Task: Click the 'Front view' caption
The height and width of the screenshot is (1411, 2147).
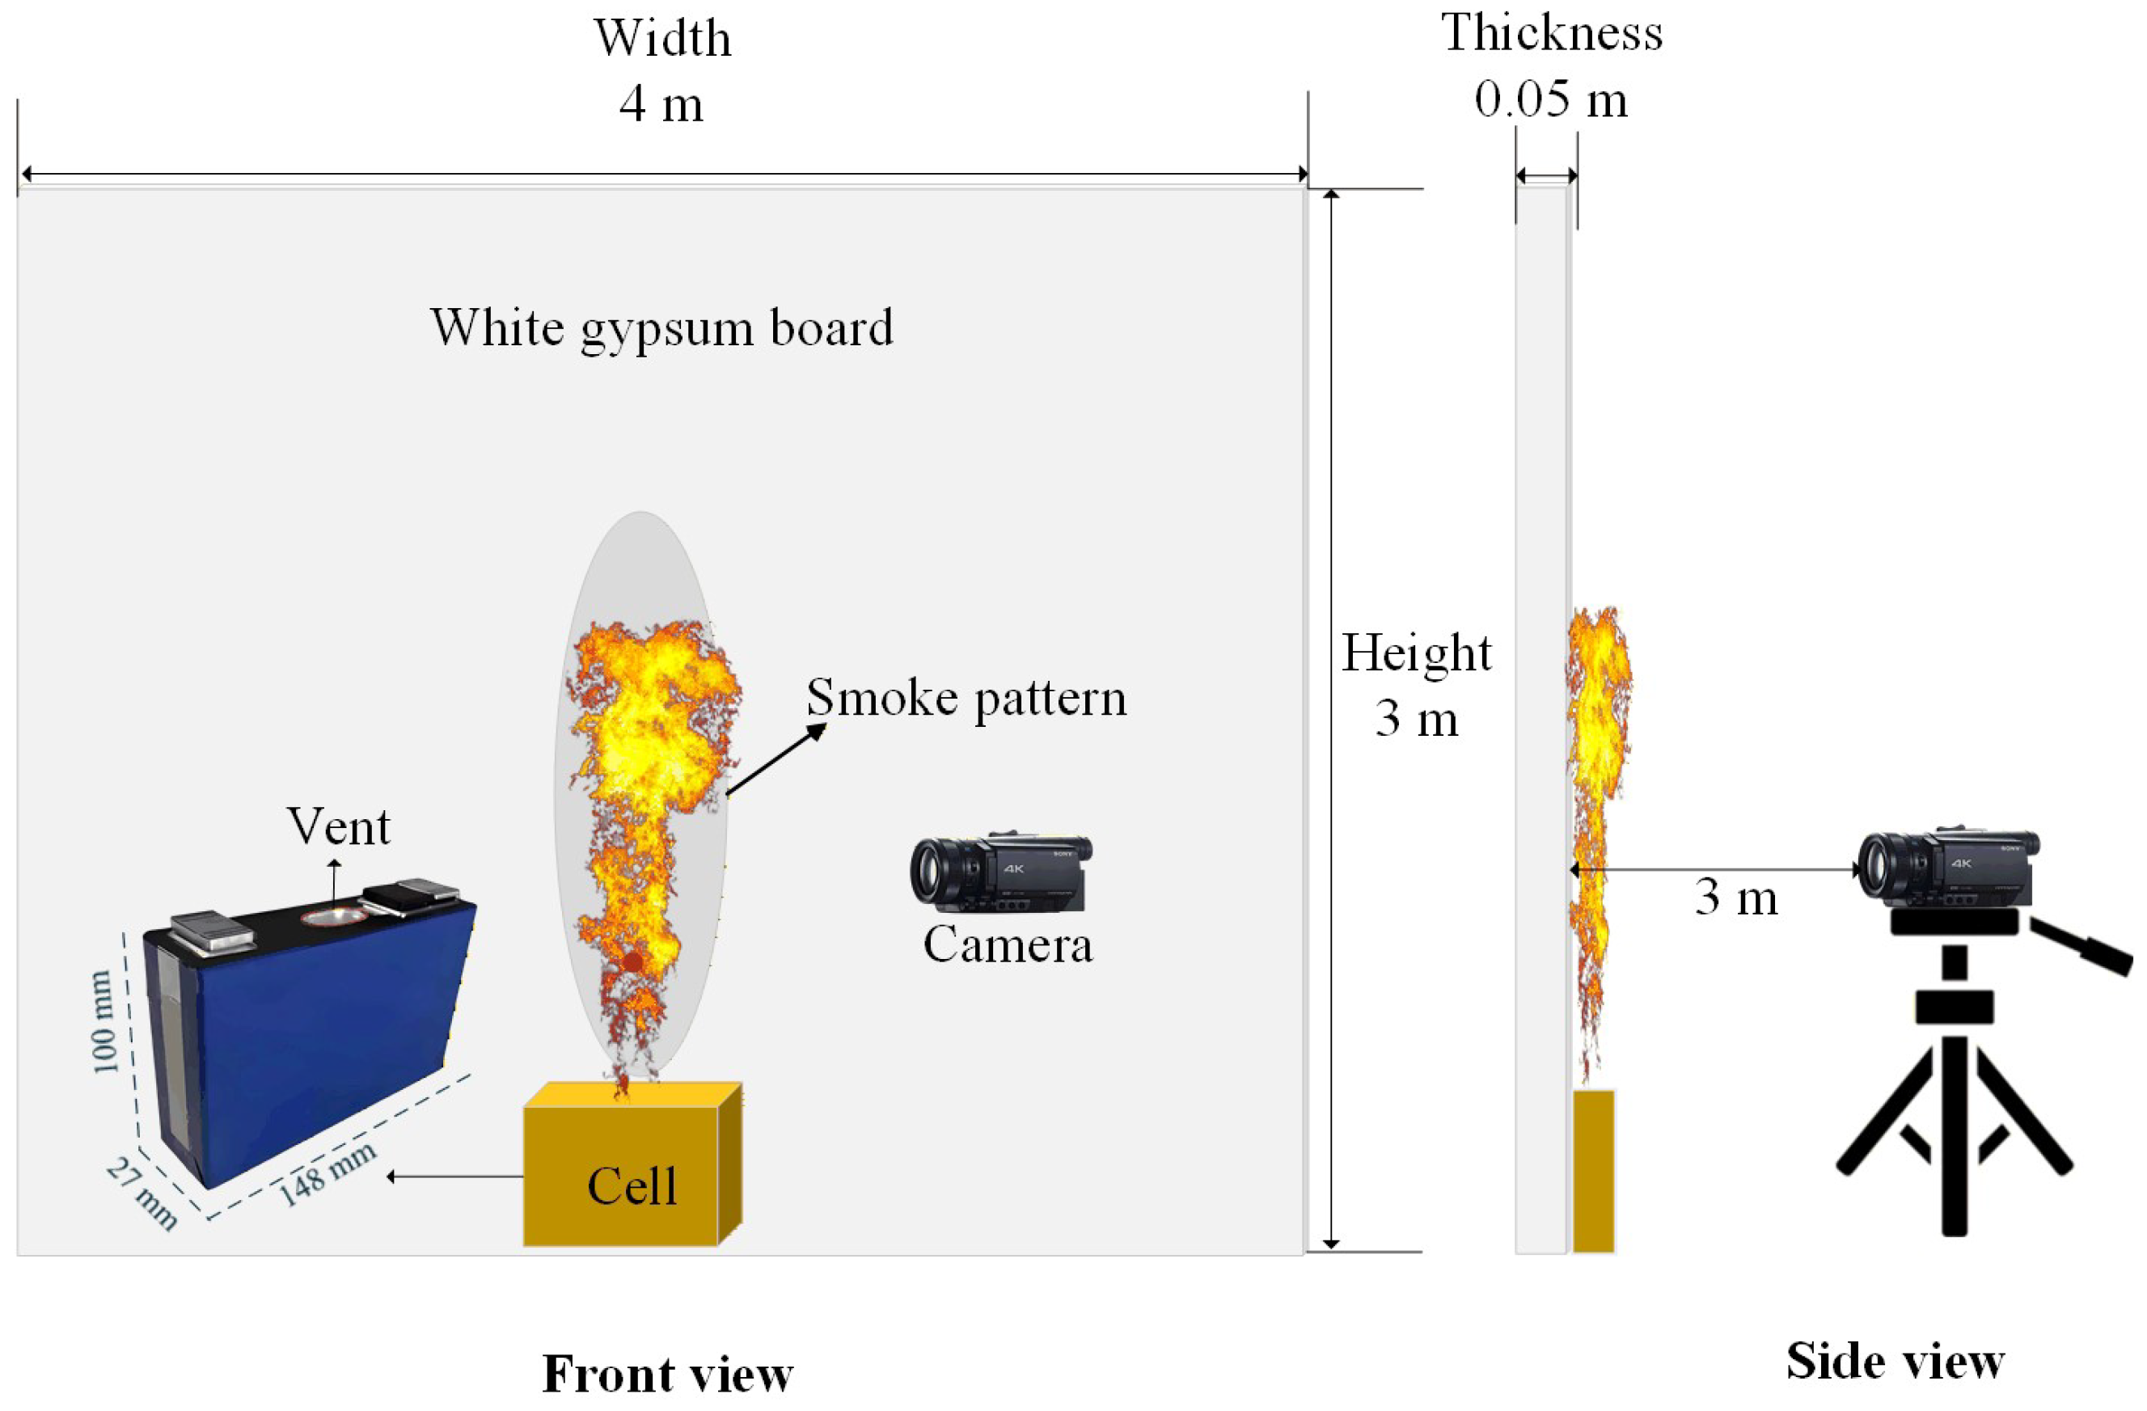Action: click(x=668, y=1373)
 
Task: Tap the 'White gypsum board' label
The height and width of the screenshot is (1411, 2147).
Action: click(x=661, y=327)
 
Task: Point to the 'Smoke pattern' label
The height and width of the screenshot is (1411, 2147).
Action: click(x=966, y=697)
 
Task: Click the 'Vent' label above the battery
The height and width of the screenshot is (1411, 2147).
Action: click(x=338, y=826)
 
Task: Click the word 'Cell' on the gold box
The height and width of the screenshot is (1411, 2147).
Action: click(x=632, y=1185)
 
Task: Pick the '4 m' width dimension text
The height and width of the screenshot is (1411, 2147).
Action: click(x=661, y=104)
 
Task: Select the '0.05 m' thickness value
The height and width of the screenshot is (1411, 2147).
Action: click(x=1551, y=99)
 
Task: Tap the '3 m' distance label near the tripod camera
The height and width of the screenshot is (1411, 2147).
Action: click(x=1735, y=897)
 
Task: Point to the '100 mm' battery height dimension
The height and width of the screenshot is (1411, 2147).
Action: click(x=103, y=1021)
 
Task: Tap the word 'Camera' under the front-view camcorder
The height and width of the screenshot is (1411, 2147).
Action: click(x=1008, y=944)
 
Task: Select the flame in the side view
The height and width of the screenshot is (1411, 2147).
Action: click(x=1598, y=794)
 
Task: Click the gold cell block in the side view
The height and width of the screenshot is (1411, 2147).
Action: click(x=1593, y=1170)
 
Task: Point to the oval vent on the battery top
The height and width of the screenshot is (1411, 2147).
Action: click(x=335, y=917)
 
